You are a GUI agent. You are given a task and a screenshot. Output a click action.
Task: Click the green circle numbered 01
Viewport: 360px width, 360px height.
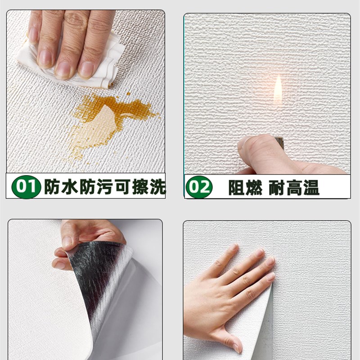click(x=27, y=186)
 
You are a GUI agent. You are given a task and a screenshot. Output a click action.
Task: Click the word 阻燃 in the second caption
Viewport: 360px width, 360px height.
click(x=245, y=188)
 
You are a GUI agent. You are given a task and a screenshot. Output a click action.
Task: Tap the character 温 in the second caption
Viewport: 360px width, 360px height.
click(x=310, y=188)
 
